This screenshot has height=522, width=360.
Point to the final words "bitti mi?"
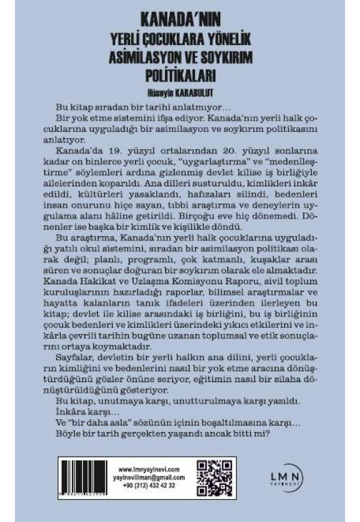253,433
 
